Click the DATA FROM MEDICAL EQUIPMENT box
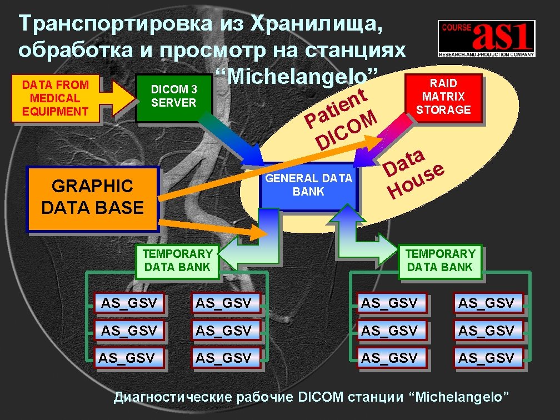(x=54, y=98)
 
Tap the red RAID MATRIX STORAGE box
(x=443, y=96)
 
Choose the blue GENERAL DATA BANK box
(x=309, y=186)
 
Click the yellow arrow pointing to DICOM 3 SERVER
(x=118, y=97)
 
